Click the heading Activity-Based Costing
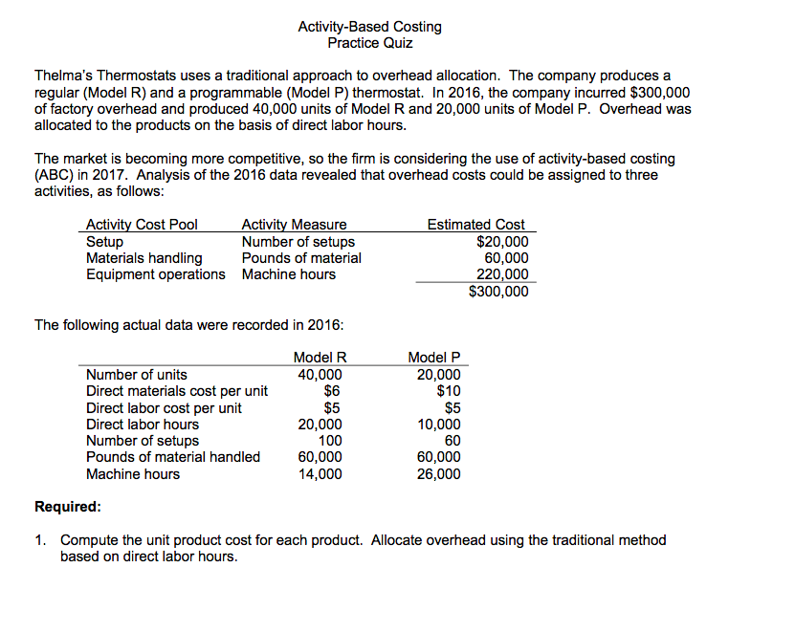tap(369, 27)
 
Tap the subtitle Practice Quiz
tap(369, 43)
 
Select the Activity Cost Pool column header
tap(142, 225)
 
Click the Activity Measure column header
tap(294, 225)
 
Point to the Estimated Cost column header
tap(475, 225)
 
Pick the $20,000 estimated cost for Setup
tap(501, 242)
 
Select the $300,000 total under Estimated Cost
tap(497, 292)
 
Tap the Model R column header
tap(319, 358)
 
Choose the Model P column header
tap(434, 358)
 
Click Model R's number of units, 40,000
tap(319, 375)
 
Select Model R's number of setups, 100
tap(330, 441)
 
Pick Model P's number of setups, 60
tap(452, 441)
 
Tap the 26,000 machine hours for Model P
tap(438, 474)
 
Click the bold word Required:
tap(67, 506)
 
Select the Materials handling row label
tap(144, 258)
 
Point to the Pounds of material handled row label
tap(173, 457)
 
